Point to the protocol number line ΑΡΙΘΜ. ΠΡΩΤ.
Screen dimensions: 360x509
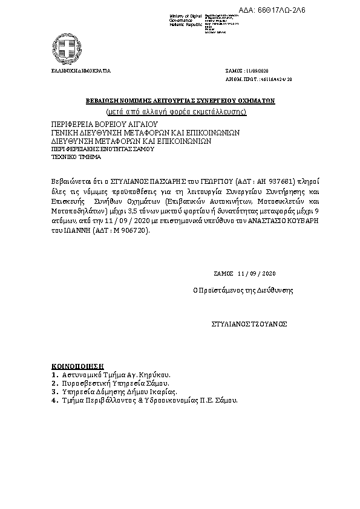(258, 79)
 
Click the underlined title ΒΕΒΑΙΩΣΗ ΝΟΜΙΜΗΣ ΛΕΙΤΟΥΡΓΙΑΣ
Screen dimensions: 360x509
(180, 101)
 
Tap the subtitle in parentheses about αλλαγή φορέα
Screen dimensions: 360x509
(180, 112)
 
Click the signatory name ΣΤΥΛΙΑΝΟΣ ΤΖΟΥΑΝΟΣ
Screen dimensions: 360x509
(249, 324)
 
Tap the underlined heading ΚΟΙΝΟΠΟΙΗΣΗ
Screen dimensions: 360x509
(78, 366)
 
